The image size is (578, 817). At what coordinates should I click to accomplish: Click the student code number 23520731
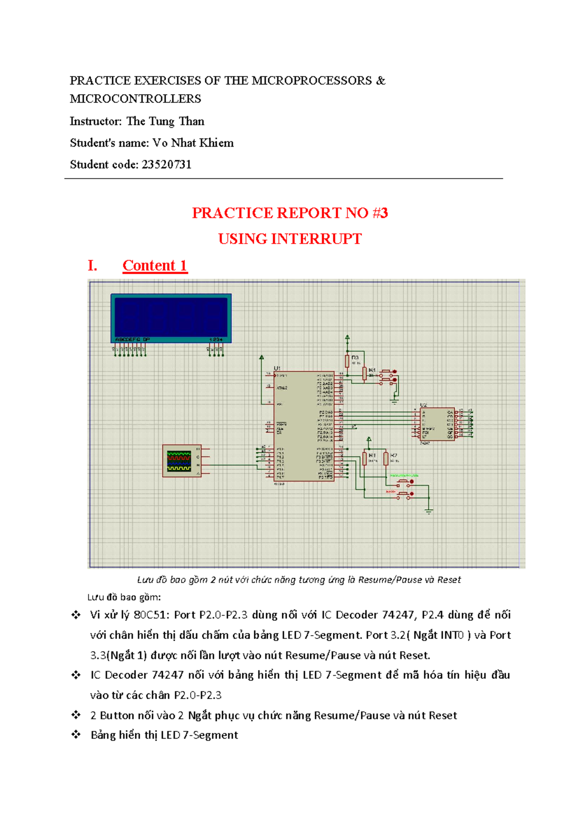(x=167, y=165)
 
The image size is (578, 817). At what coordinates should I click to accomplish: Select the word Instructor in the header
(x=95, y=121)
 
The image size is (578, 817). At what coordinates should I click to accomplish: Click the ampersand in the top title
(x=381, y=80)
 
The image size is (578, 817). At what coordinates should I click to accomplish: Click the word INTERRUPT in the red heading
(x=316, y=239)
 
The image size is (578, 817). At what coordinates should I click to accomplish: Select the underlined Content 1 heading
(x=155, y=266)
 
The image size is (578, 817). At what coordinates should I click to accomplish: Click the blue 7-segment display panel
(x=171, y=318)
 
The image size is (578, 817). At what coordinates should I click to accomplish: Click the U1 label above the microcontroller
(x=277, y=369)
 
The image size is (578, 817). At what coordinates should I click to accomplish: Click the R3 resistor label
(x=355, y=358)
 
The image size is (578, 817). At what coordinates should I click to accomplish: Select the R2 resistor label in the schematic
(x=394, y=455)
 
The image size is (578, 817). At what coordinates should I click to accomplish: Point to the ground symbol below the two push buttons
(x=429, y=511)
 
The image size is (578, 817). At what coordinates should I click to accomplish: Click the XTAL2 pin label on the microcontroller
(x=282, y=388)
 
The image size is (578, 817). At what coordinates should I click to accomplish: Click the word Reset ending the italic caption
(x=449, y=580)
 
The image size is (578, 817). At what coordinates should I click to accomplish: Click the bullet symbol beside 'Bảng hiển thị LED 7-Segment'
(x=76, y=735)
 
